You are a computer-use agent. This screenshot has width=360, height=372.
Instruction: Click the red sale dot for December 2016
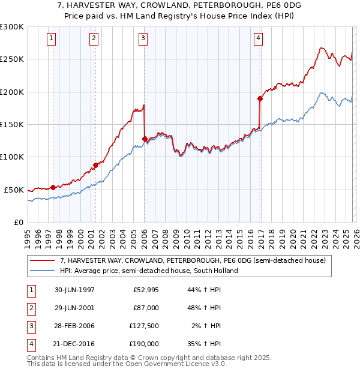coord(260,98)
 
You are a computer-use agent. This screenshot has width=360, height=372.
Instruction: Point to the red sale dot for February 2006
coord(145,139)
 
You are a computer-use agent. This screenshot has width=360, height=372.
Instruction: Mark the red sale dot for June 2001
coord(95,165)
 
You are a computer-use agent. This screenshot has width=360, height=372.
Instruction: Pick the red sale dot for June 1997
coord(53,187)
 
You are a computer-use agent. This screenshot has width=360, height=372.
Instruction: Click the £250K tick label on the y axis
coord(12,59)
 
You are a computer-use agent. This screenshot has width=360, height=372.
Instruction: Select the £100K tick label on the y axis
coord(12,157)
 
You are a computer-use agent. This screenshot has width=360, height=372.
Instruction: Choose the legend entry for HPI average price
coord(149,271)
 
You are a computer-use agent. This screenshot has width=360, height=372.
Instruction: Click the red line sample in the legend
coord(43,261)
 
